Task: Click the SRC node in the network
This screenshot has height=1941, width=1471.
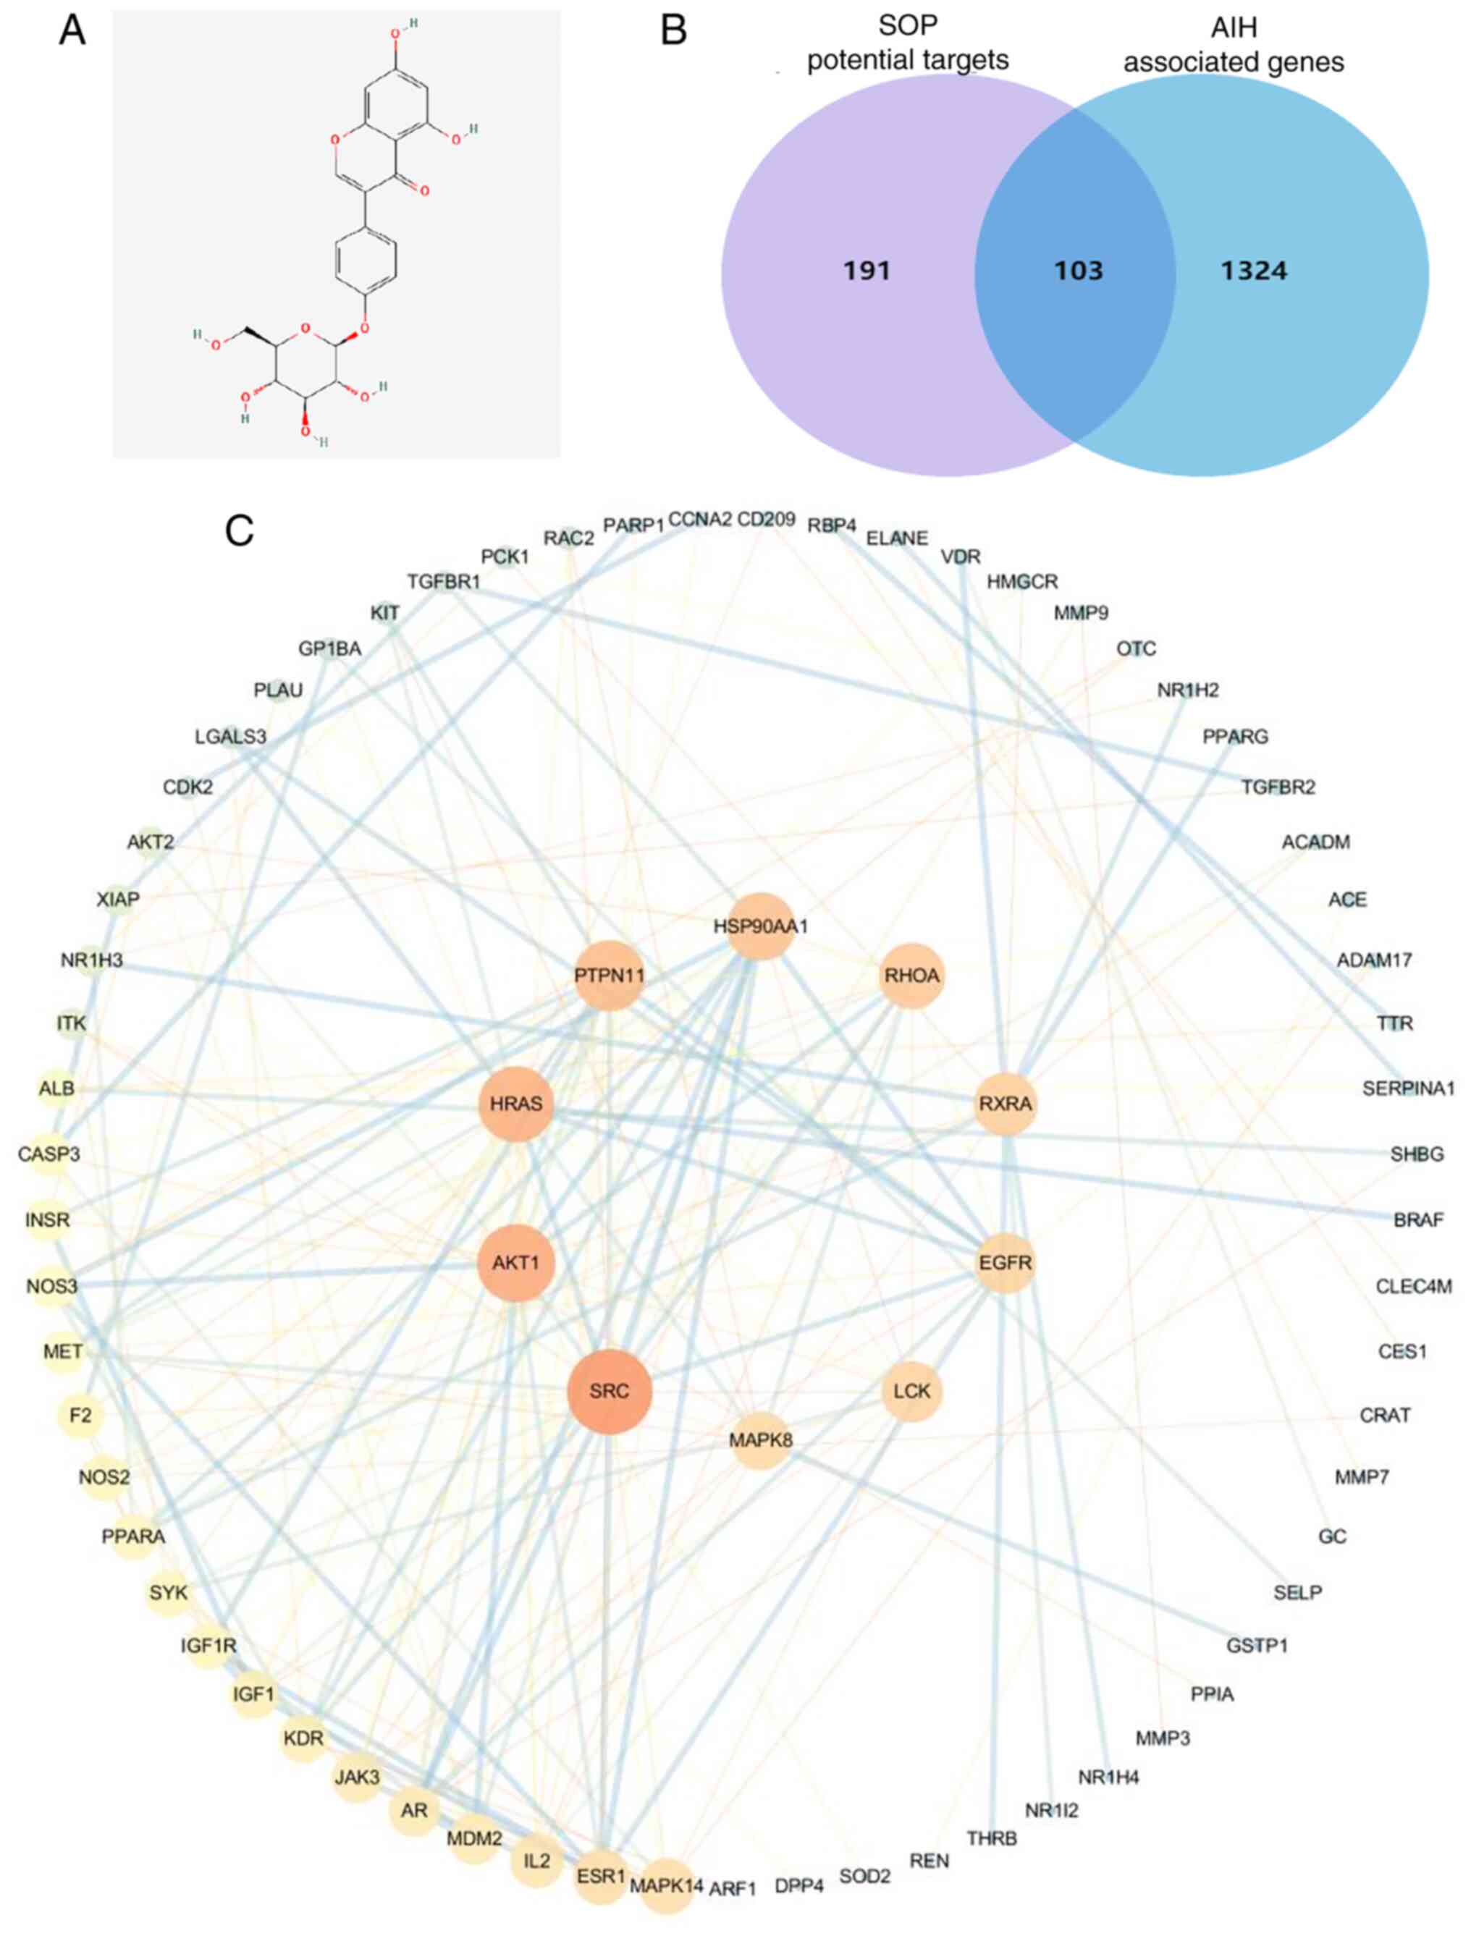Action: tap(609, 1391)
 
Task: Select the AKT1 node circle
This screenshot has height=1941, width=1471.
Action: tap(516, 1262)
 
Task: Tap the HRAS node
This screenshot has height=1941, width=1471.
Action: tap(516, 1103)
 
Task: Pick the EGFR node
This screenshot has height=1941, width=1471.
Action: tap(1006, 1263)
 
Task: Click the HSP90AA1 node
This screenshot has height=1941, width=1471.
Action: tap(760, 926)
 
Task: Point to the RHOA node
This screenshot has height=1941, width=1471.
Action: tap(912, 975)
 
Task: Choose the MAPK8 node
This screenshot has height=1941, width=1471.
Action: tap(760, 1440)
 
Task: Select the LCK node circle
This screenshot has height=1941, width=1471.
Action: tap(912, 1391)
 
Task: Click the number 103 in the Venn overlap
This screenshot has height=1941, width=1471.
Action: tap(1078, 270)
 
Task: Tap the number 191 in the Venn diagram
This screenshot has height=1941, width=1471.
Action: tap(867, 270)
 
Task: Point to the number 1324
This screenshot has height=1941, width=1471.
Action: tap(1253, 270)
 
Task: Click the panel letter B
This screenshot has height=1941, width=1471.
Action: tap(673, 30)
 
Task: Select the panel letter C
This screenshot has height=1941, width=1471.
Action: tap(240, 531)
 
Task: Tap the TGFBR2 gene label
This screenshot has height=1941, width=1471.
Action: tap(1278, 787)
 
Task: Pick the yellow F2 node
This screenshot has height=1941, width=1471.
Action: tap(80, 1416)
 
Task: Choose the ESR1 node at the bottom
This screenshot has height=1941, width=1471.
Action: tap(602, 1876)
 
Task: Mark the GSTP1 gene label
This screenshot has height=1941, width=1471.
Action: tap(1257, 1645)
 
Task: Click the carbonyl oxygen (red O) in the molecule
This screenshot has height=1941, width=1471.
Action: tap(425, 190)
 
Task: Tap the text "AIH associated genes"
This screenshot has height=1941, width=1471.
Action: tap(1233, 45)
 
